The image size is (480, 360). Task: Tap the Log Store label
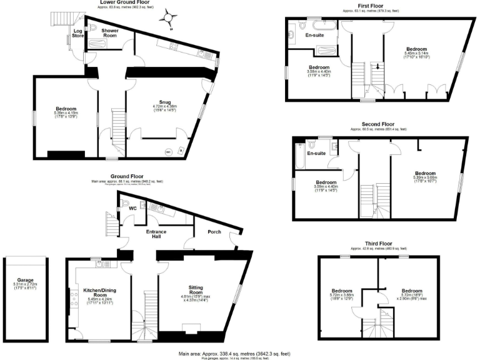(78, 33)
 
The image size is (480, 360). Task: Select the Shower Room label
(110, 33)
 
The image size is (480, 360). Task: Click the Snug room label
(165, 101)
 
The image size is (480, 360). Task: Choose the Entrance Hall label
(156, 234)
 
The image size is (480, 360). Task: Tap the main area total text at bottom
(234, 353)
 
